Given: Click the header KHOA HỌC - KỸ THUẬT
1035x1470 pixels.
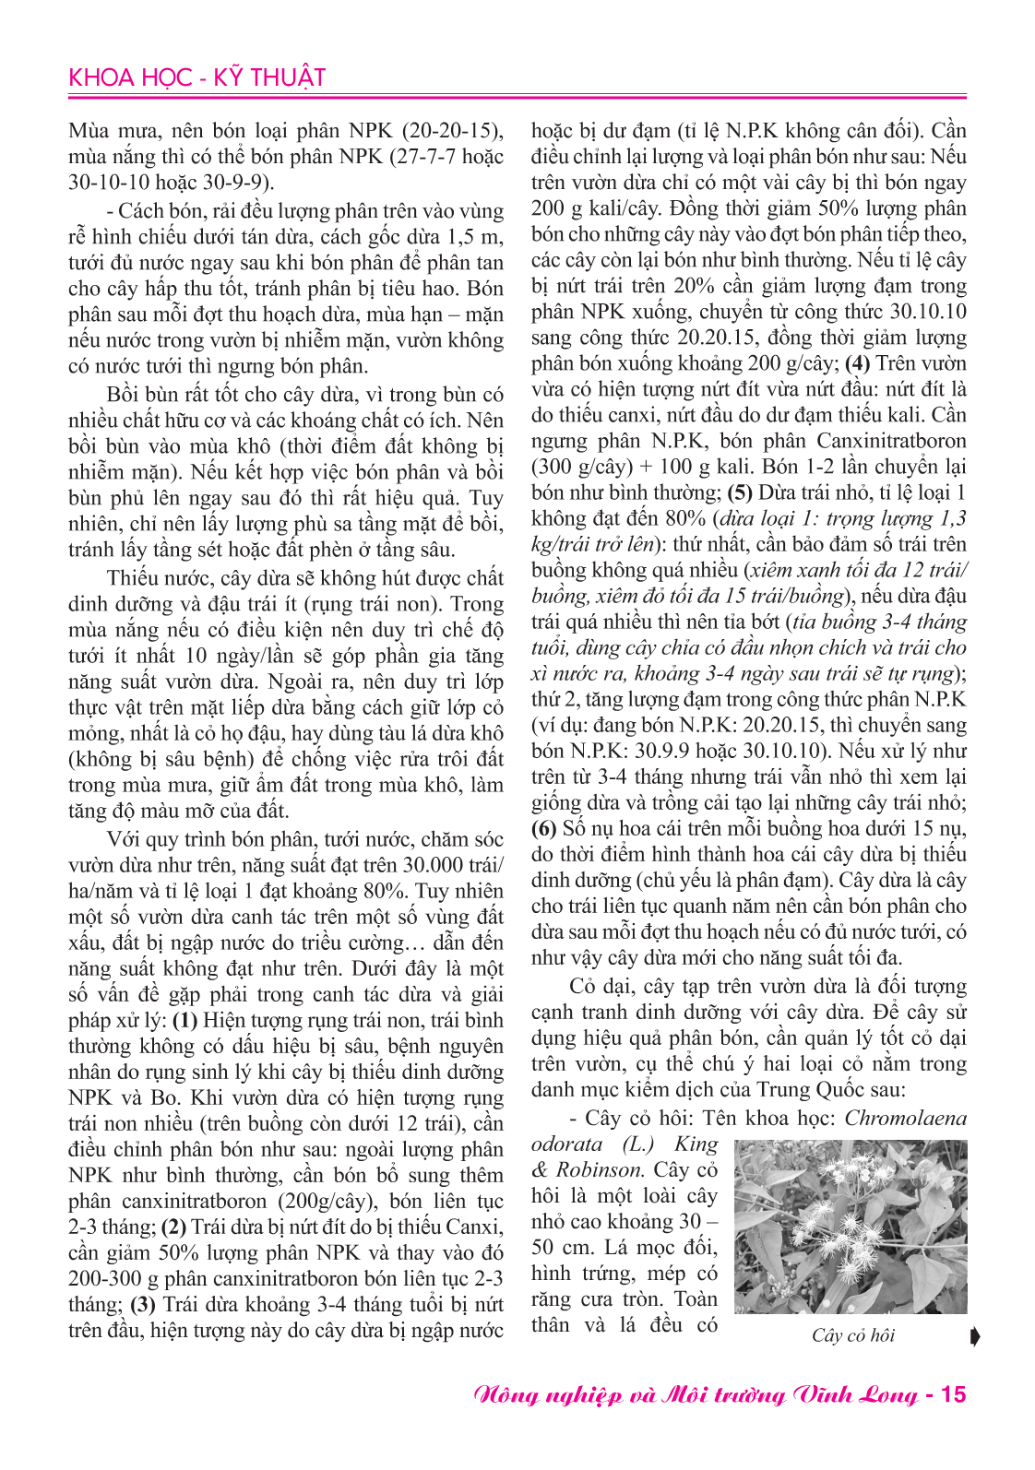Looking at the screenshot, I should tap(196, 77).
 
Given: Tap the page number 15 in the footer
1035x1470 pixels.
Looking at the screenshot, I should tap(953, 1393).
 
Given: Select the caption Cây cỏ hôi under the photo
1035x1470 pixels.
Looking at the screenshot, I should tap(853, 1335).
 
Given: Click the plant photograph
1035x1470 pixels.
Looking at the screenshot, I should tap(851, 1227).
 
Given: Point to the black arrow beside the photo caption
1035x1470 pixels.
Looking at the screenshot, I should tap(976, 1335).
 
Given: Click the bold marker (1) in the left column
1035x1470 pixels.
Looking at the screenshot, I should tap(185, 1020).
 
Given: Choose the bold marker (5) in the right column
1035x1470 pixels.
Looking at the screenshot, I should tap(741, 492).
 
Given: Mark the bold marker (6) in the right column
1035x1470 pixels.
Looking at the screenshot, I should tap(543, 828).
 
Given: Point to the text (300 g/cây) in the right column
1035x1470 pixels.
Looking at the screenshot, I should tap(582, 467).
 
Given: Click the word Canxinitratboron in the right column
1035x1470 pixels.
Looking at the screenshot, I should tap(891, 441).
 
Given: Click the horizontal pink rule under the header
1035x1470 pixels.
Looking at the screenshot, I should tap(517, 96).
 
